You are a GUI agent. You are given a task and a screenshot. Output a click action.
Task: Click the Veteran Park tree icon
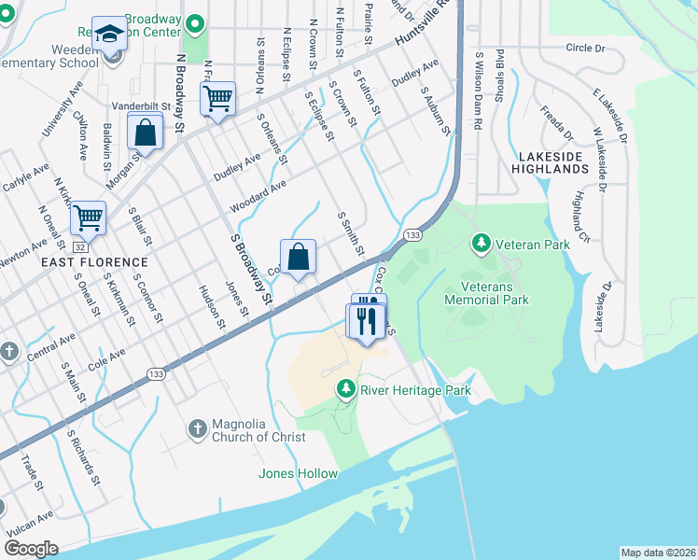[482, 244]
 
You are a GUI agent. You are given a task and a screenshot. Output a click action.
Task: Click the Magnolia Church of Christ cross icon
[197, 428]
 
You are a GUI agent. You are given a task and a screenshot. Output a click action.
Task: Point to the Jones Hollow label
[304, 474]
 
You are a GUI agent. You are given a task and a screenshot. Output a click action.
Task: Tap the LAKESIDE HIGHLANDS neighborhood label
[551, 162]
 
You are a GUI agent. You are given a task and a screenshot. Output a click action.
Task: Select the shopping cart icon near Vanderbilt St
[217, 97]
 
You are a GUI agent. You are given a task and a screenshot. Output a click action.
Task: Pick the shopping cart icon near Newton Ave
[89, 218]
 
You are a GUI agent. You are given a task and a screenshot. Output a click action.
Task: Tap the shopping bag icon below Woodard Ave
[299, 257]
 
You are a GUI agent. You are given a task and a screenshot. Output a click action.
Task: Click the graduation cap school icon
[110, 35]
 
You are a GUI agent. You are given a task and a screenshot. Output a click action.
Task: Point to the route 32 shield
[81, 246]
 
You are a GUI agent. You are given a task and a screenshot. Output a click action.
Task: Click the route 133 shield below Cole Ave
[156, 373]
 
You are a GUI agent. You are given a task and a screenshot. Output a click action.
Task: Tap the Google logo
[31, 549]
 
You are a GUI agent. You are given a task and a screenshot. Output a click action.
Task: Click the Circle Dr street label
[584, 48]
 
